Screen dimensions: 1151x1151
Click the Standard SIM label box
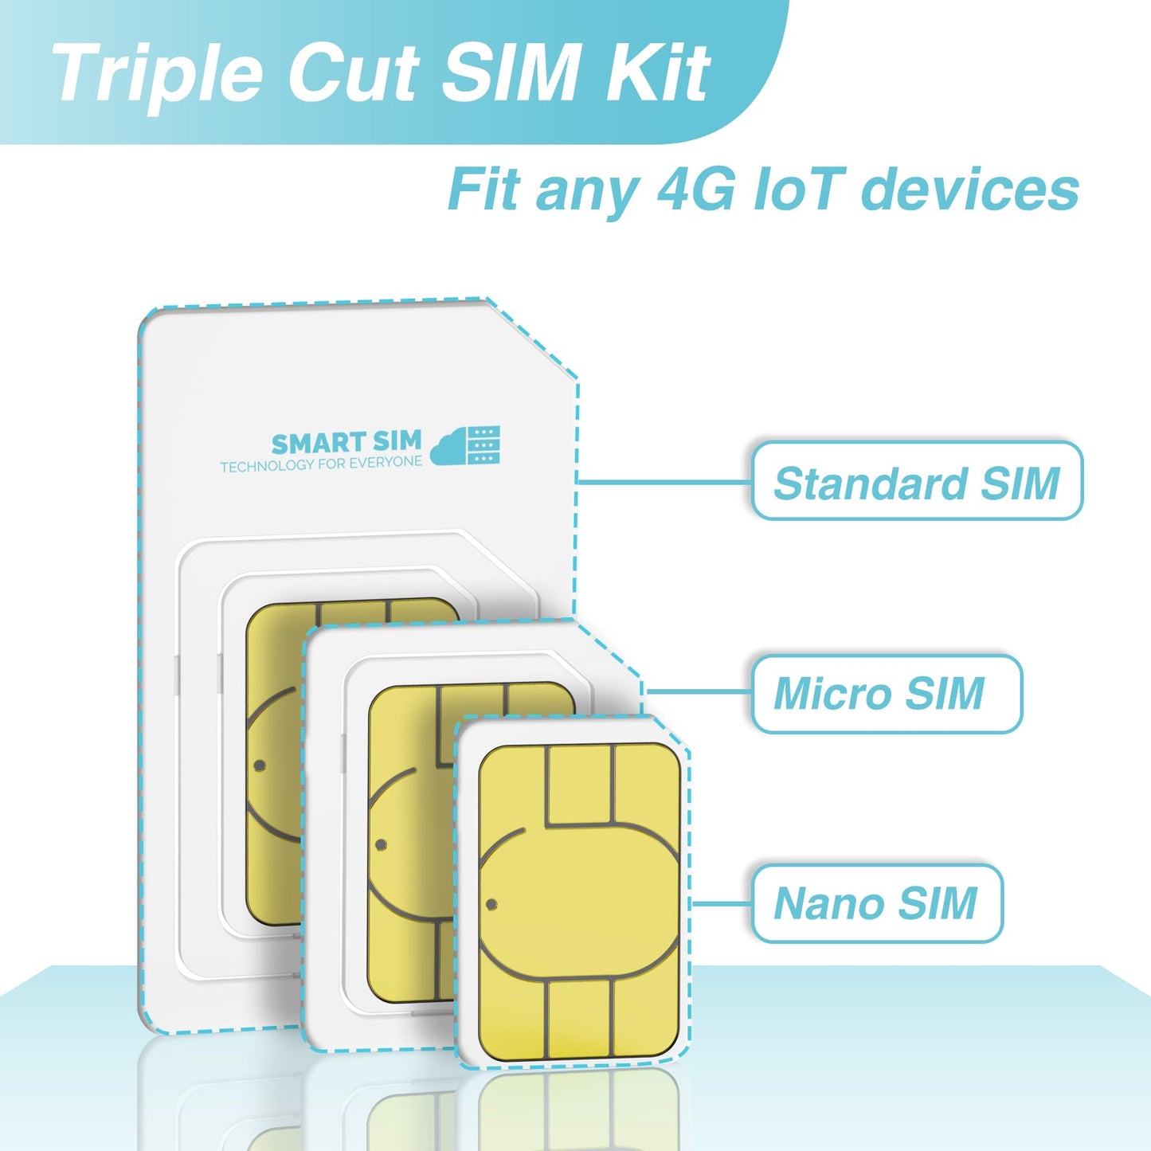[x=917, y=482]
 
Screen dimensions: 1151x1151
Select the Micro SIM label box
[x=886, y=693]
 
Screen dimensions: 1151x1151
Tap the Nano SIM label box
[x=876, y=903]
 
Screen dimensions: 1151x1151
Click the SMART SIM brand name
[x=346, y=443]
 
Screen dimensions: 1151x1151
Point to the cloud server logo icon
[x=466, y=445]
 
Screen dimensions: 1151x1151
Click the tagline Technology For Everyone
[x=321, y=464]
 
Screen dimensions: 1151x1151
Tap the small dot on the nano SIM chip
[x=491, y=904]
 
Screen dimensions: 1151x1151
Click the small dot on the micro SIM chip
[x=381, y=844]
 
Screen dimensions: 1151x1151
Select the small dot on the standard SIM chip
[x=260, y=766]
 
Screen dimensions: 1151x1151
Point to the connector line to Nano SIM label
[x=721, y=904]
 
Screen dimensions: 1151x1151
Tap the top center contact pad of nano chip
[x=580, y=784]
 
